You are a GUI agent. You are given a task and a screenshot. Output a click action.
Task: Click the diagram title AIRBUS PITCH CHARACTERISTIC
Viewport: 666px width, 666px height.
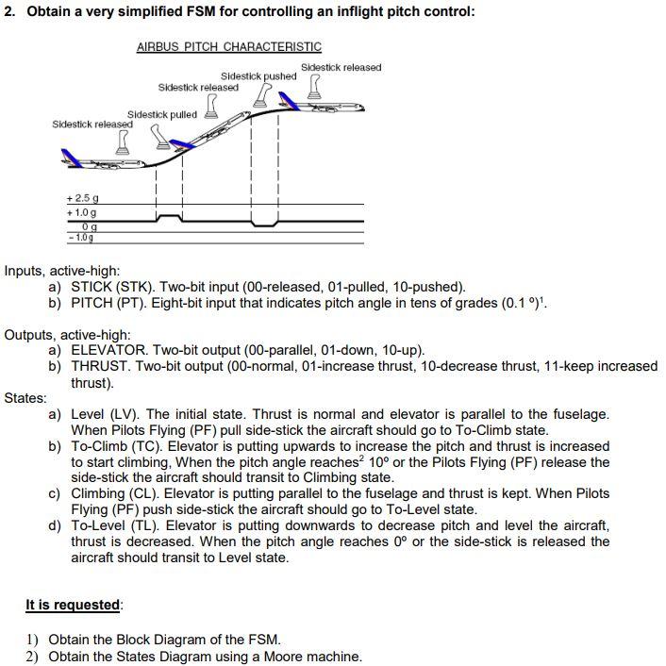coord(229,46)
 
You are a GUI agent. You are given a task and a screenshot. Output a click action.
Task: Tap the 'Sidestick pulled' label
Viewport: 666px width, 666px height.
coord(162,114)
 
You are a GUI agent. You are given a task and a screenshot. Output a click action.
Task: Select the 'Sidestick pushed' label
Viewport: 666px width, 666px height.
coord(258,76)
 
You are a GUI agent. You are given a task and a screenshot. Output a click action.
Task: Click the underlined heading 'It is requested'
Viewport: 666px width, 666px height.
coord(73,605)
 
